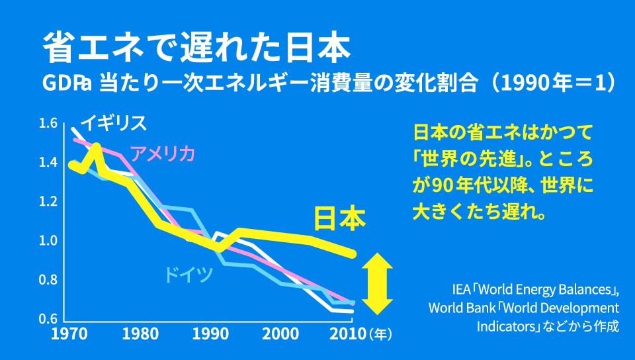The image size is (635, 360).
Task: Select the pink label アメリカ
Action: pyautogui.click(x=163, y=154)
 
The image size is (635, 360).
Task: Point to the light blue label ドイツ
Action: pyautogui.click(x=189, y=274)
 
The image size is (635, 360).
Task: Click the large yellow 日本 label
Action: pyautogui.click(x=339, y=220)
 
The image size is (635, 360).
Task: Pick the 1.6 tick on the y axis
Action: pyautogui.click(x=48, y=123)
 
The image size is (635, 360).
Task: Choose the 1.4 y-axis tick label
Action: pyautogui.click(x=48, y=162)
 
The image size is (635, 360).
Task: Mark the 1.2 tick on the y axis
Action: pyautogui.click(x=48, y=201)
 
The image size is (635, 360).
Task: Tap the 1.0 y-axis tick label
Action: pyautogui.click(x=48, y=241)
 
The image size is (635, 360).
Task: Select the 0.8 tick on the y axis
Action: pyautogui.click(x=48, y=280)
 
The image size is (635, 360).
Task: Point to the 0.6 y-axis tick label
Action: pyautogui.click(x=48, y=319)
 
